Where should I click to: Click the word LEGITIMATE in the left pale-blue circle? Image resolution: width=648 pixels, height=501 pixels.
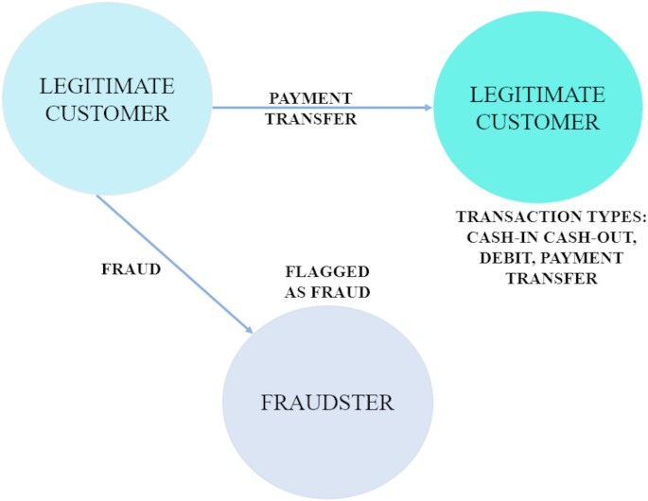107,86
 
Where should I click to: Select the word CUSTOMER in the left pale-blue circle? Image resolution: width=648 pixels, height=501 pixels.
107,113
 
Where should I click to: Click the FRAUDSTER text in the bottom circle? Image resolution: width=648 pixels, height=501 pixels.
327,403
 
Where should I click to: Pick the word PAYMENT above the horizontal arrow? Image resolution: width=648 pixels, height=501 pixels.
310,98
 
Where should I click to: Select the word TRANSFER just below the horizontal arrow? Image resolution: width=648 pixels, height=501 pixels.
311,119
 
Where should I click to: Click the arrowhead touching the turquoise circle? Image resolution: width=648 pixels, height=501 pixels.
427,108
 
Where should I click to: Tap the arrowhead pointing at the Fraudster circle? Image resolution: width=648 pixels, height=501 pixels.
249,329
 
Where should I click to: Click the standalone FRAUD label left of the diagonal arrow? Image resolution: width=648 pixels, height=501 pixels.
131,268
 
